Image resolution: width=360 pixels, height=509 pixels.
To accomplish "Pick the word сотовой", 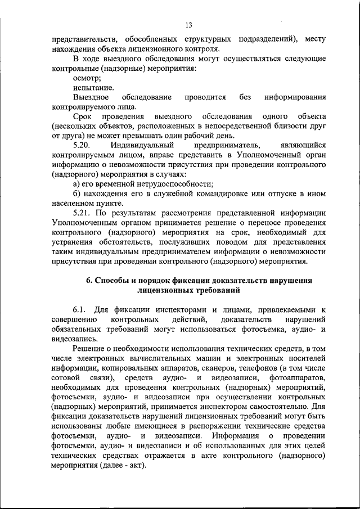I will click(x=65, y=378).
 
